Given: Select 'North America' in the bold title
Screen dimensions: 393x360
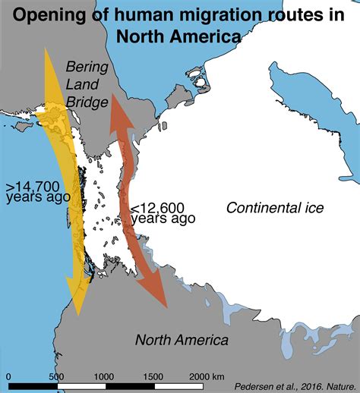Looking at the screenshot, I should tap(179, 36).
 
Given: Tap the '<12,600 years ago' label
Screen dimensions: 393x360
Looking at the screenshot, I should tap(163, 212).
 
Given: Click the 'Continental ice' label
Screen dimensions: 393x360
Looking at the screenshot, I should tap(275, 208).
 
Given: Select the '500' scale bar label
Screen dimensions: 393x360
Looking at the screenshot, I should tap(56, 376).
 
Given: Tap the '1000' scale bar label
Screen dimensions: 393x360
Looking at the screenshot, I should tap(104, 376).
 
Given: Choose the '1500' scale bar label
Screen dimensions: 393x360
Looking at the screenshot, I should tap(153, 376).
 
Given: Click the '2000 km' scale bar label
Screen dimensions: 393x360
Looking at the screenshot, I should tap(207, 376).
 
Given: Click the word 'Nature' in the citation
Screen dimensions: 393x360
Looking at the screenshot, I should tap(339, 385).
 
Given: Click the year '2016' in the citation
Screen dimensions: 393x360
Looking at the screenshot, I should tap(311, 385).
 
